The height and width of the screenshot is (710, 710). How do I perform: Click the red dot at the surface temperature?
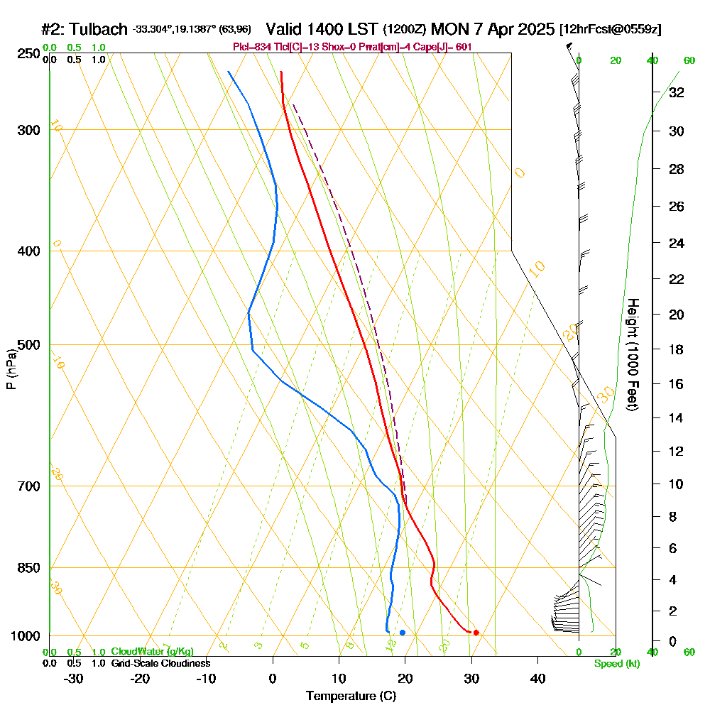click(x=476, y=632)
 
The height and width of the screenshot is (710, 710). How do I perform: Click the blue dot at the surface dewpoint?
click(x=403, y=632)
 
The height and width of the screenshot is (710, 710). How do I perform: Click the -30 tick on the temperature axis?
click(x=73, y=678)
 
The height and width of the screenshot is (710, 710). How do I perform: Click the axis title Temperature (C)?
click(x=351, y=696)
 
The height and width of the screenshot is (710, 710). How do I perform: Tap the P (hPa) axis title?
click(x=11, y=369)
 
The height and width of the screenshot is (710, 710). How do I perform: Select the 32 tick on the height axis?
click(x=677, y=92)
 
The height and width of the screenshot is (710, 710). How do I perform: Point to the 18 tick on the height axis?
click(x=677, y=349)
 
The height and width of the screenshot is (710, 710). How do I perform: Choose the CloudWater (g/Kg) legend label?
click(x=152, y=652)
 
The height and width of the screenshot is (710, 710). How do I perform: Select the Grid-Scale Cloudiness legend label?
click(x=160, y=663)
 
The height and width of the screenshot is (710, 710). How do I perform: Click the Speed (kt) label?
click(x=616, y=664)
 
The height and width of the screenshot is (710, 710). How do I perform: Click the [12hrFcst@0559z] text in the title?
click(x=610, y=30)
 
